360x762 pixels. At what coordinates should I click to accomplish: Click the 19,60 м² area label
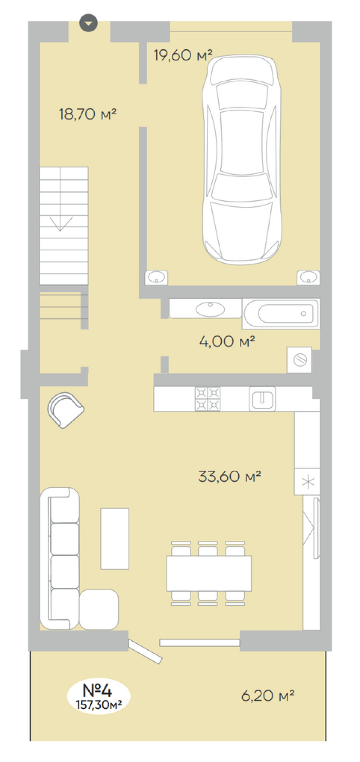(x=183, y=55)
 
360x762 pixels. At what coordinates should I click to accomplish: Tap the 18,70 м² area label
(x=87, y=114)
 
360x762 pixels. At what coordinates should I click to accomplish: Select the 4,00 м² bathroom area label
(x=227, y=341)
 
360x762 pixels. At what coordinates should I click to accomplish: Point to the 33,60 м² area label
(x=229, y=476)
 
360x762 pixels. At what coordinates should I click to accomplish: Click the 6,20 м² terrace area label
(x=268, y=696)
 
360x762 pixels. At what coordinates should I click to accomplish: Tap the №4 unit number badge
(x=98, y=696)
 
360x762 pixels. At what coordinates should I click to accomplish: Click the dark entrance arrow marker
(x=89, y=23)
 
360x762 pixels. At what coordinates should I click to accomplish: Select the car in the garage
(x=242, y=160)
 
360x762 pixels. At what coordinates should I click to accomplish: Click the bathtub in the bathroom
(x=281, y=314)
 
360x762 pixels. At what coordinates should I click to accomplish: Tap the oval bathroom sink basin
(x=210, y=309)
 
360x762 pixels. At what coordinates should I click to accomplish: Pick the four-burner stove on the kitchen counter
(x=208, y=399)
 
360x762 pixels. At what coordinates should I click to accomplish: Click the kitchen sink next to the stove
(x=262, y=399)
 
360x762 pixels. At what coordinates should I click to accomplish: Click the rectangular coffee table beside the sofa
(x=115, y=539)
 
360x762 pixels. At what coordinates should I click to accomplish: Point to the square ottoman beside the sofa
(x=99, y=609)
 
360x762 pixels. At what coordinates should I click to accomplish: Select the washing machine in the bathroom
(x=300, y=360)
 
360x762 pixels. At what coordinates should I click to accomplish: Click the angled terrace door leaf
(x=145, y=651)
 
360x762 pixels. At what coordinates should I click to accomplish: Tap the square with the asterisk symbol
(x=307, y=482)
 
